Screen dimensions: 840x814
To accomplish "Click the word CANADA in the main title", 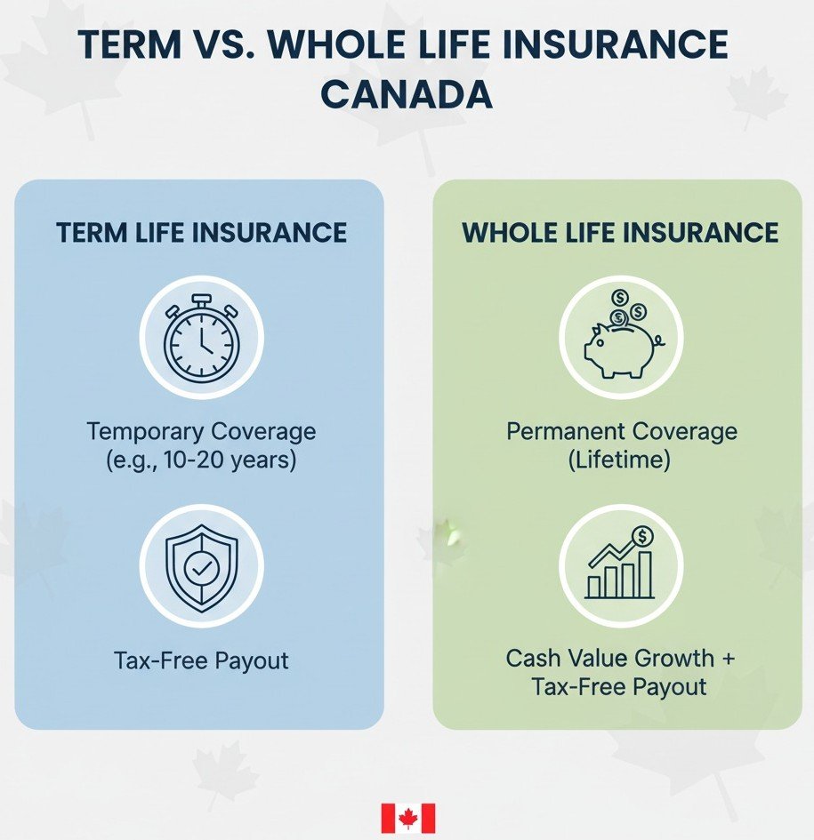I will tap(407, 93).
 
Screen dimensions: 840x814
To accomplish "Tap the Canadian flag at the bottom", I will tap(408, 818).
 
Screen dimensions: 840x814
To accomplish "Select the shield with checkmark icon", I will tap(201, 565).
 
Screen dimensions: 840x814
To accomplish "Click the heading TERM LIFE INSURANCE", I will tap(201, 233).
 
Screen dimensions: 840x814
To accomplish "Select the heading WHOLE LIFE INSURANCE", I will tap(620, 233).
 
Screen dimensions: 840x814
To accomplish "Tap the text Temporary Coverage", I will tap(201, 432).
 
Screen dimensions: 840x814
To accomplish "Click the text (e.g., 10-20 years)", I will tap(201, 461).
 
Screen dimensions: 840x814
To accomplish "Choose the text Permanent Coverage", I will tap(621, 432).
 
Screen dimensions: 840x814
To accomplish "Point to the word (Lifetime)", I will tap(621, 461).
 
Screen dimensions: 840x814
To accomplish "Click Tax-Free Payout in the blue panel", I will tap(201, 660).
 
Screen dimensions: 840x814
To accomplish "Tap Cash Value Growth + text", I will tap(621, 659).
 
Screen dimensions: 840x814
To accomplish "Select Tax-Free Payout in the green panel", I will tap(621, 687).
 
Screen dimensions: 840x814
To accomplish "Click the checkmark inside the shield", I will tap(199, 566).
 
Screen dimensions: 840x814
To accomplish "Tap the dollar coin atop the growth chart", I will tap(643, 535).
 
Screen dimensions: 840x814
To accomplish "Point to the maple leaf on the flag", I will tap(408, 818).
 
